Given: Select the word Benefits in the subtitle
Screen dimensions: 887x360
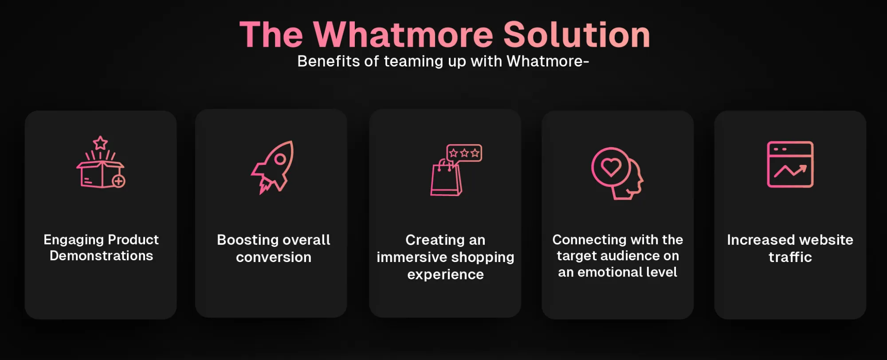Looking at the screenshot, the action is pyautogui.click(x=329, y=61).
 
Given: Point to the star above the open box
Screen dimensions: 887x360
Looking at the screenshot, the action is pyautogui.click(x=100, y=143).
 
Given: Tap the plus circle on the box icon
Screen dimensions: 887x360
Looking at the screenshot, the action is pyautogui.click(x=118, y=181).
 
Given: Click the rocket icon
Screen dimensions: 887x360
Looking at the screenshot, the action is pyautogui.click(x=272, y=167).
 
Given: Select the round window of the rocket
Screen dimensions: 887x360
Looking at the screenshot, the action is pyautogui.click(x=280, y=159).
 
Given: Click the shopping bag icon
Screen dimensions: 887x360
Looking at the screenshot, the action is pyautogui.click(x=446, y=178).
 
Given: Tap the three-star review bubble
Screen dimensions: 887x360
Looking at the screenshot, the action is pyautogui.click(x=464, y=153).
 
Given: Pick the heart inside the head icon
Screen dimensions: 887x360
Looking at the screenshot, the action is pyautogui.click(x=611, y=168).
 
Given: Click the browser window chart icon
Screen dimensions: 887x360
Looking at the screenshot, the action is pyautogui.click(x=790, y=164).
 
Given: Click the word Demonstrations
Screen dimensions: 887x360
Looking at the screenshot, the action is pyautogui.click(x=101, y=256).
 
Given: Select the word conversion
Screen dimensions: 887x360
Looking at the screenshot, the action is pyautogui.click(x=274, y=257).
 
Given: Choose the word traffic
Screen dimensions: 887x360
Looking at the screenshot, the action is pyautogui.click(x=790, y=257).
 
